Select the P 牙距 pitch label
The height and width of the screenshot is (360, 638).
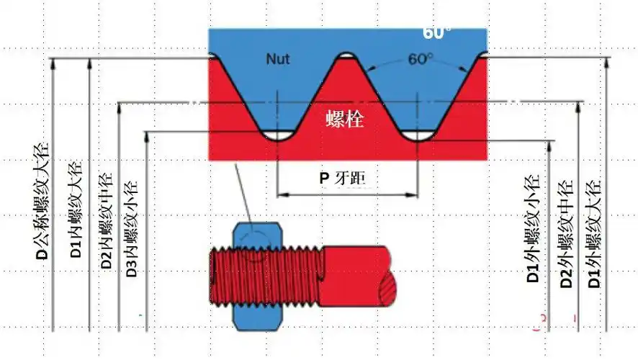pyautogui.click(x=348, y=178)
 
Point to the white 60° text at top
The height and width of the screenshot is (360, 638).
pyautogui.click(x=437, y=33)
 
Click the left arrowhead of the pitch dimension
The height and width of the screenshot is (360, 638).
pyautogui.click(x=282, y=194)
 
